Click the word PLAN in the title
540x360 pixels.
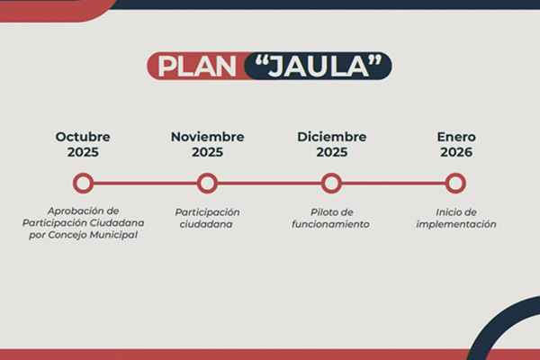(197, 66)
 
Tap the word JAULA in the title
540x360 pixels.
(319, 66)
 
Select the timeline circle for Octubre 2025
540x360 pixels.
(83, 184)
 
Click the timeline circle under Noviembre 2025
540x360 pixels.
(207, 184)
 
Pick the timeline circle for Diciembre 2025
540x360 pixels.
(331, 184)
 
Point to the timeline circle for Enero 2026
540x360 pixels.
(455, 184)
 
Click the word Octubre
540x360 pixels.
(83, 137)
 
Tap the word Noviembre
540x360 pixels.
(207, 137)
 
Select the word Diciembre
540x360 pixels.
(331, 137)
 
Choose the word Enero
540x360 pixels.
(456, 137)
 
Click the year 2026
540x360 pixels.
(456, 152)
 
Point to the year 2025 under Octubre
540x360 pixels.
(83, 152)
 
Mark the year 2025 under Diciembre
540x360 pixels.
(331, 152)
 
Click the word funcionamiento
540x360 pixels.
(330, 224)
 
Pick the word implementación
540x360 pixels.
(456, 224)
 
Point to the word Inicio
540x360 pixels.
(447, 212)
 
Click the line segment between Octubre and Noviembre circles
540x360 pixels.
(145, 184)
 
